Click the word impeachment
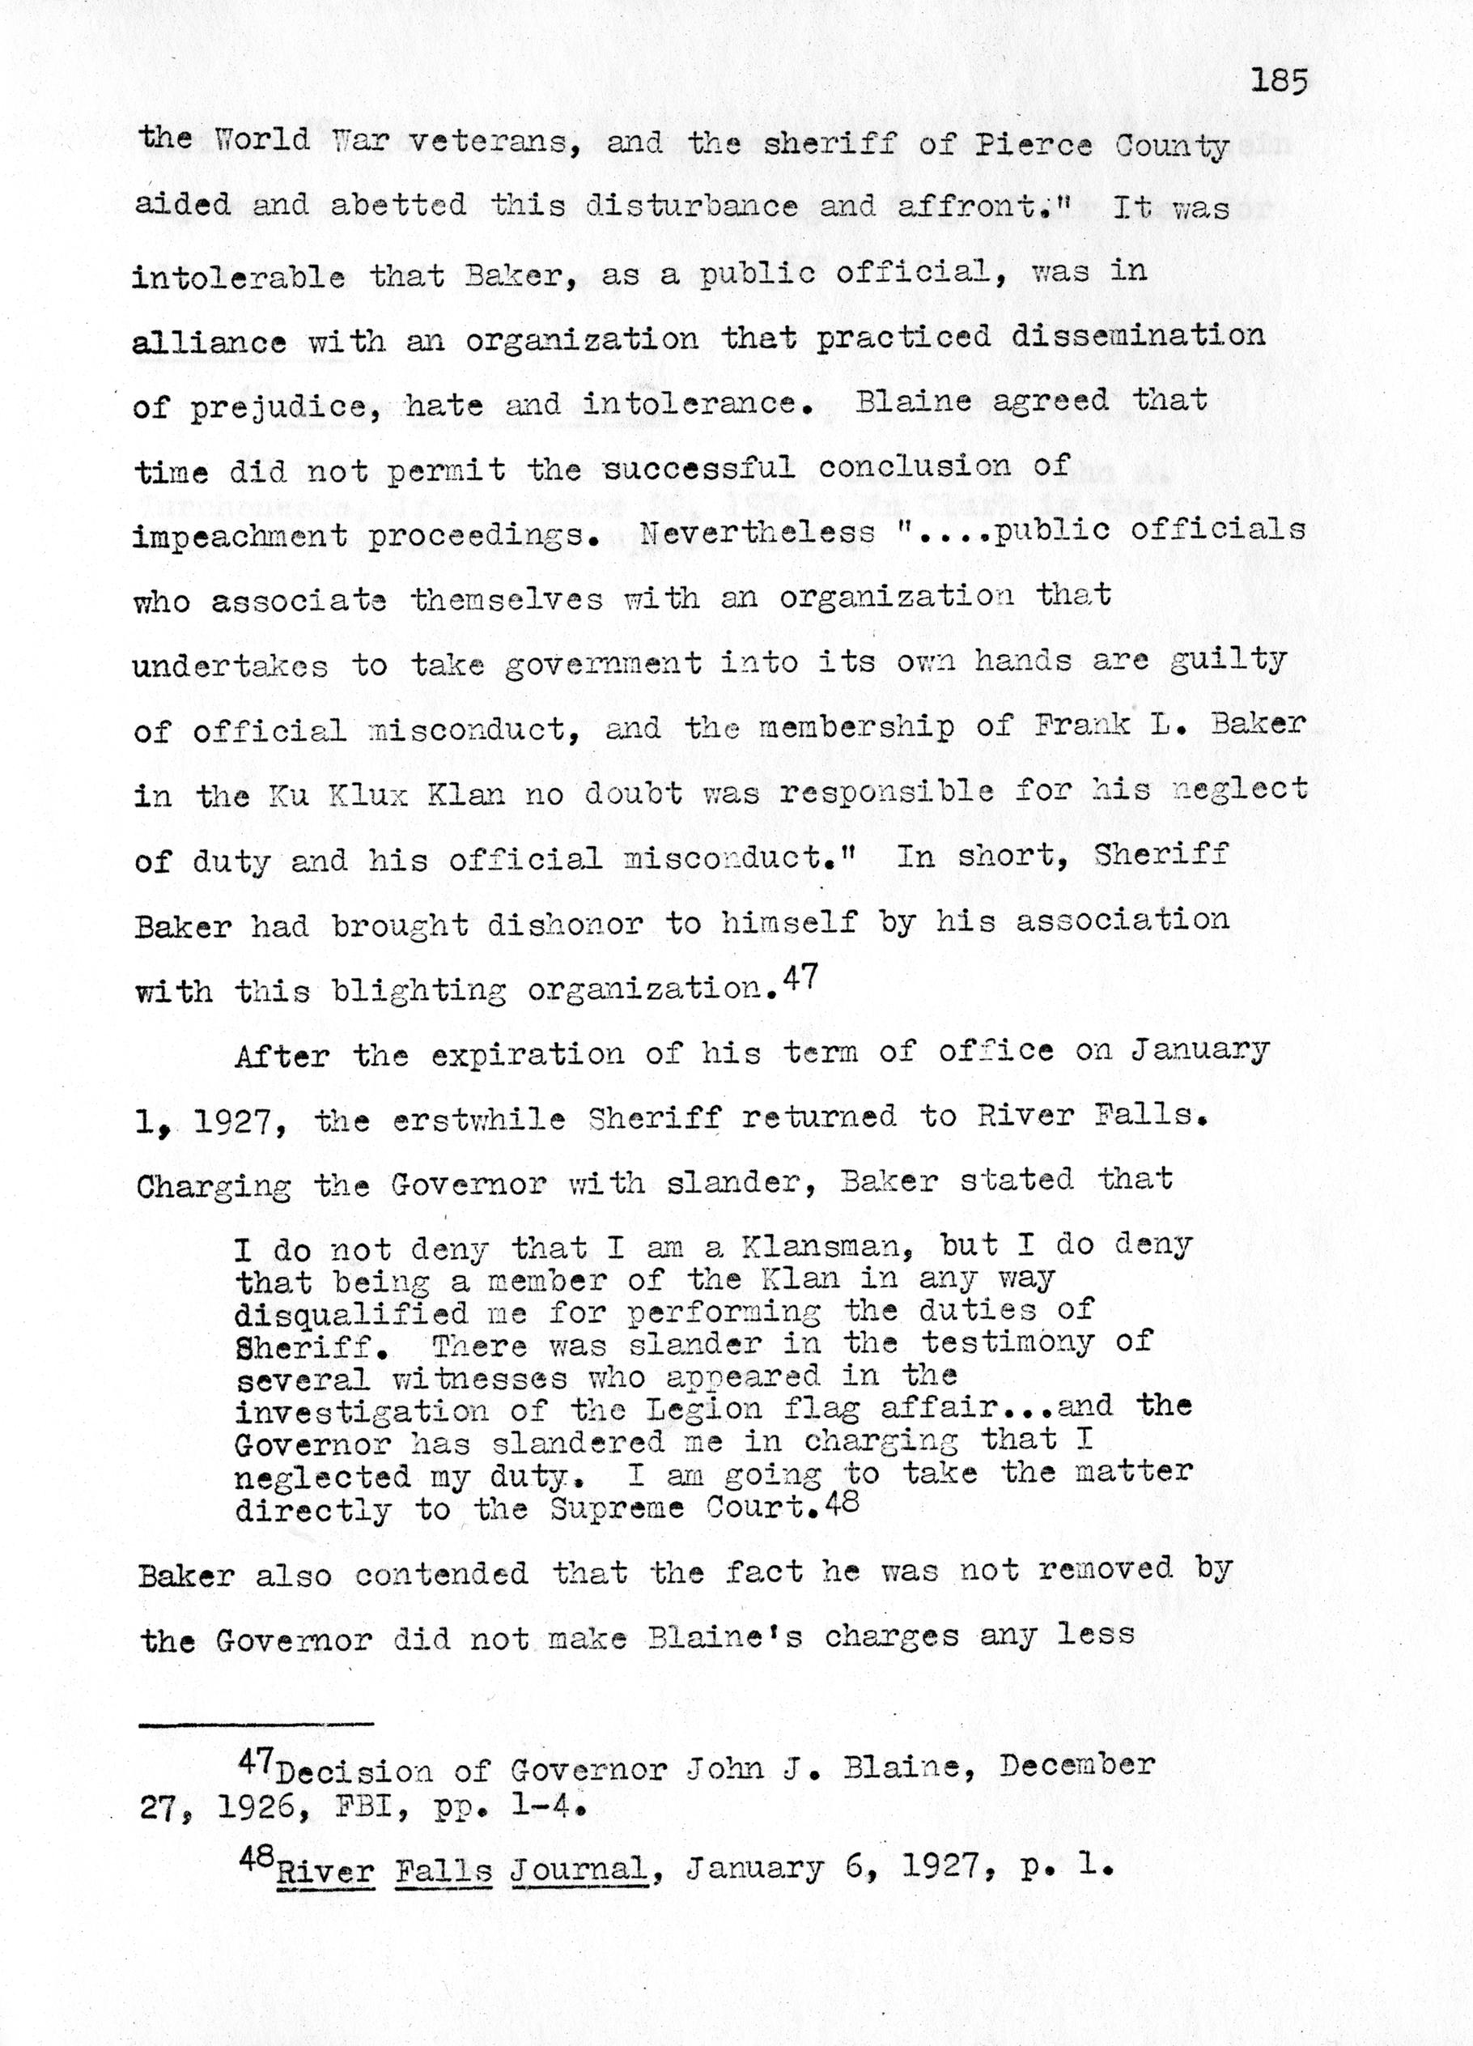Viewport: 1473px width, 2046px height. [x=240, y=536]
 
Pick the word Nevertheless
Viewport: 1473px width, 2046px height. [x=757, y=532]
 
